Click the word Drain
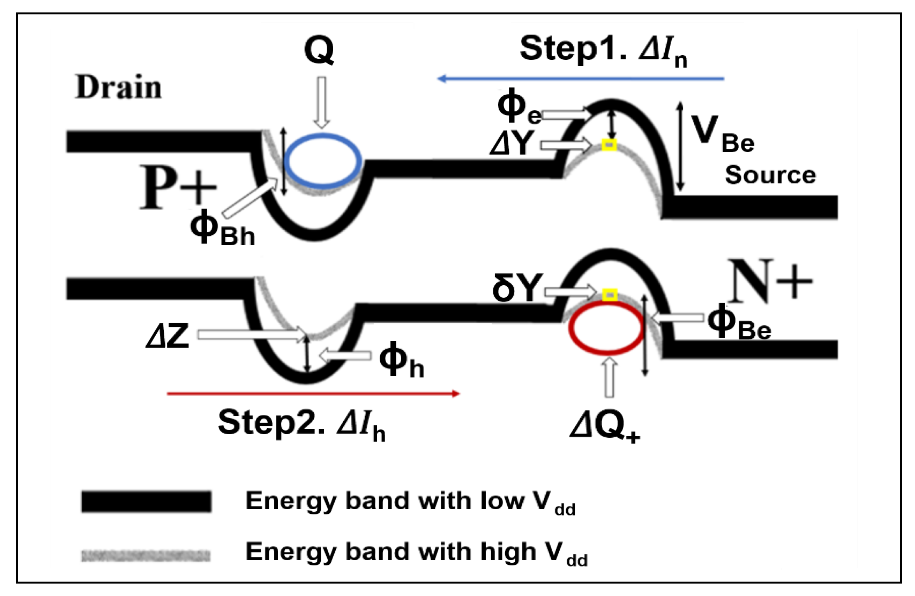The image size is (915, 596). click(x=118, y=87)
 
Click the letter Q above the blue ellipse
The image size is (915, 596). click(x=319, y=50)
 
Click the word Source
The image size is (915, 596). click(x=770, y=175)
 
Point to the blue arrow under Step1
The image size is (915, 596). click(x=580, y=79)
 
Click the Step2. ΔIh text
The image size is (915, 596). click(x=302, y=424)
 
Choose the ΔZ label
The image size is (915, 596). click(x=168, y=335)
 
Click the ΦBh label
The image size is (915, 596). click(x=222, y=229)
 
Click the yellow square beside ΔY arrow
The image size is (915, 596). click(x=609, y=145)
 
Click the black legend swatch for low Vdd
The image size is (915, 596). click(x=146, y=501)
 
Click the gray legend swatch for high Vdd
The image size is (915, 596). click(x=146, y=555)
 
